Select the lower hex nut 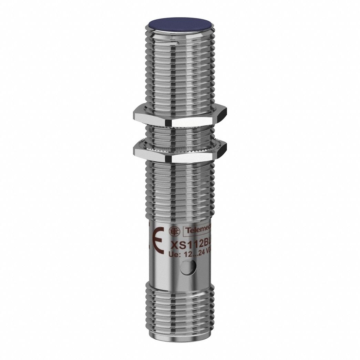point(179,152)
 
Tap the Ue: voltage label point(174,255)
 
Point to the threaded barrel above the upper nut point(179,69)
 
